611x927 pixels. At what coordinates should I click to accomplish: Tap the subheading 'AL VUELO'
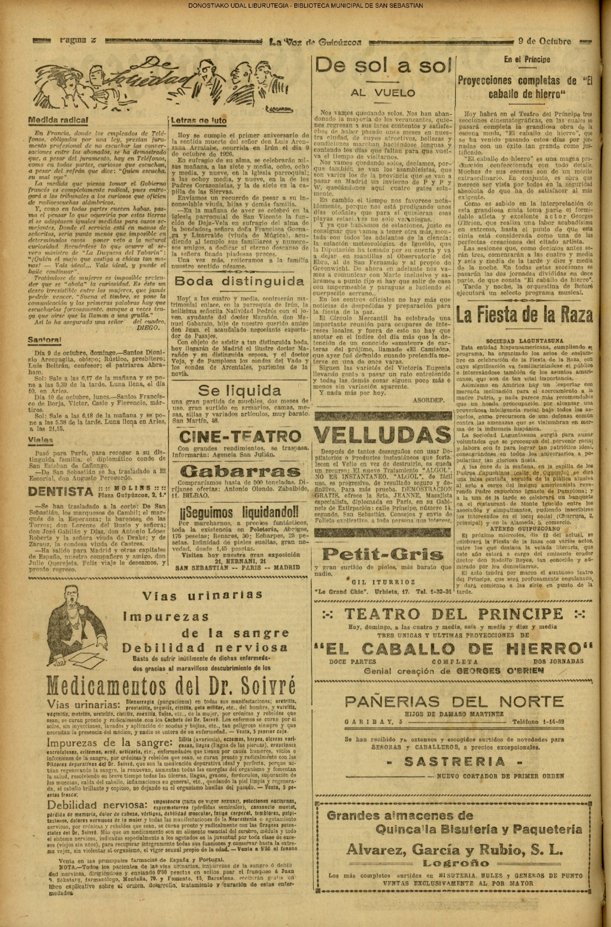coord(383,93)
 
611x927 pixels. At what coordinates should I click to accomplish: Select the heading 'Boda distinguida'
coord(239,281)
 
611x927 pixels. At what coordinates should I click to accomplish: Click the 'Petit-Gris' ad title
coord(383,553)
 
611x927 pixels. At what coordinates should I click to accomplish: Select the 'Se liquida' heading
coord(239,391)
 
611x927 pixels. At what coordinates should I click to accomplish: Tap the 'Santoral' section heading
coord(44,340)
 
